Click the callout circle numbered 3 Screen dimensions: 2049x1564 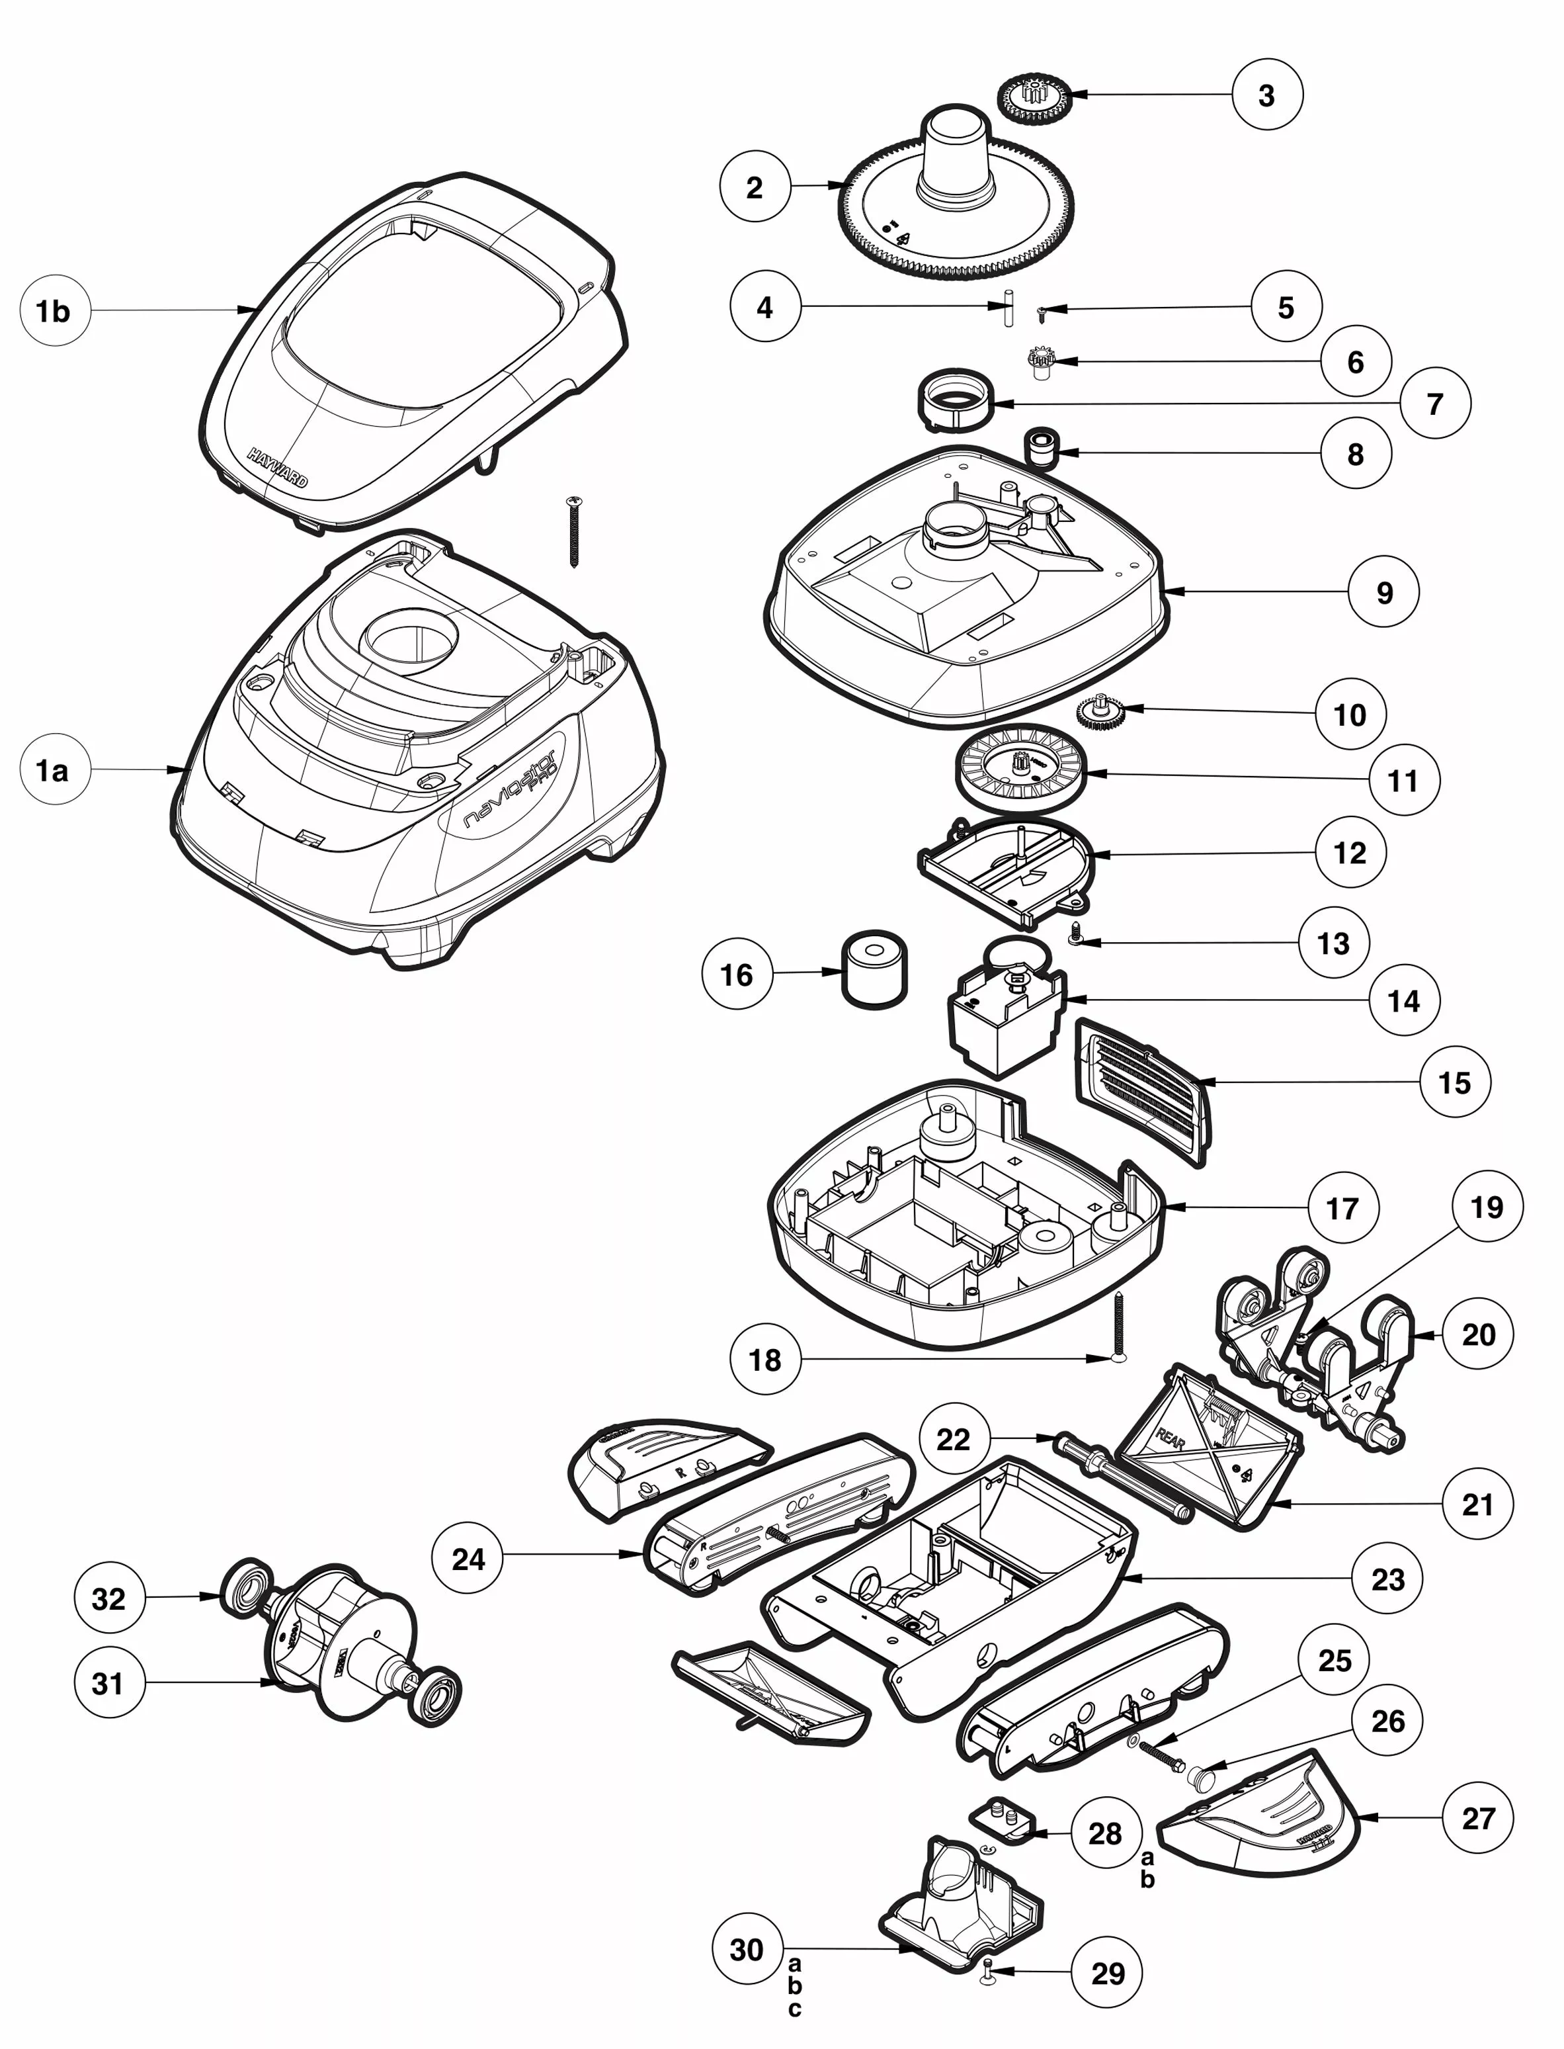[x=1266, y=95]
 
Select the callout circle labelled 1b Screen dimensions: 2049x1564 [x=54, y=311]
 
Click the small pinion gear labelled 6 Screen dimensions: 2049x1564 [x=1040, y=361]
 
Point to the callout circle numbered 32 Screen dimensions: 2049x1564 [x=109, y=1598]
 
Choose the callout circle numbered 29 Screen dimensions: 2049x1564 [x=1107, y=1973]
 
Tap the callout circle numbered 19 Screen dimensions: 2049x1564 [x=1486, y=1207]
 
